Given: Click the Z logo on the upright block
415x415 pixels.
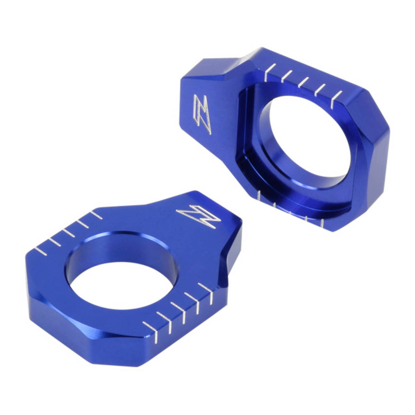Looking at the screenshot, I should pyautogui.click(x=202, y=115).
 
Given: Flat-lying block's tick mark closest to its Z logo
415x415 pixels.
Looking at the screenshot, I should pyautogui.click(x=95, y=215).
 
